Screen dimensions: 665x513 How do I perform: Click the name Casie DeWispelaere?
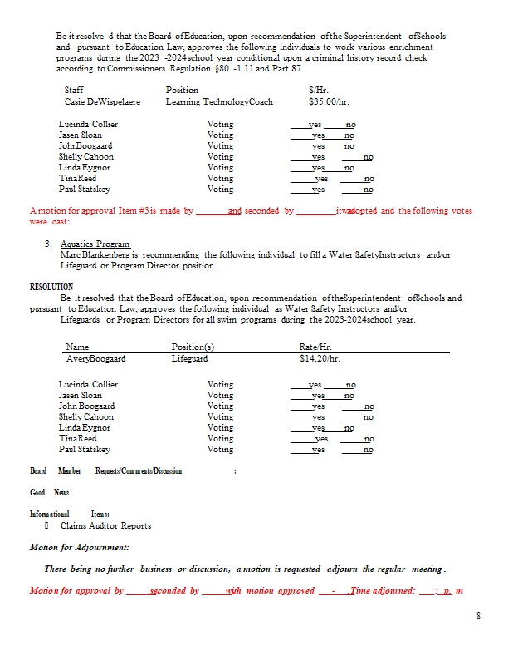pos(102,101)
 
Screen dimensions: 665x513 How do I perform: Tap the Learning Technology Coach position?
pos(219,101)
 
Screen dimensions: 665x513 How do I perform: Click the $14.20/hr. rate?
pos(320,358)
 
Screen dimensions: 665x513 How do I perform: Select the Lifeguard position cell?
pos(189,358)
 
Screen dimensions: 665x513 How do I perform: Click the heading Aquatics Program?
pos(95,244)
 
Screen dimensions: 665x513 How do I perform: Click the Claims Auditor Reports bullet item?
pos(105,525)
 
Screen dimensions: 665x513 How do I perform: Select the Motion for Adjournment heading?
pos(79,547)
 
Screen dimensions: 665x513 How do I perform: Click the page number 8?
pos(478,616)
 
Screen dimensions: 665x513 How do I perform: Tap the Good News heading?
pos(50,492)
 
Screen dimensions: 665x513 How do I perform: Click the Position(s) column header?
pos(193,347)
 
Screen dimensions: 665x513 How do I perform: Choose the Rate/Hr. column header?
pos(315,347)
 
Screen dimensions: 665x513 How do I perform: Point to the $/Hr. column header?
pos(316,90)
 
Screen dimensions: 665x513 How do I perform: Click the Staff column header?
pos(74,90)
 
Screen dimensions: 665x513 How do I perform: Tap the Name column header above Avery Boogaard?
pos(77,347)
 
